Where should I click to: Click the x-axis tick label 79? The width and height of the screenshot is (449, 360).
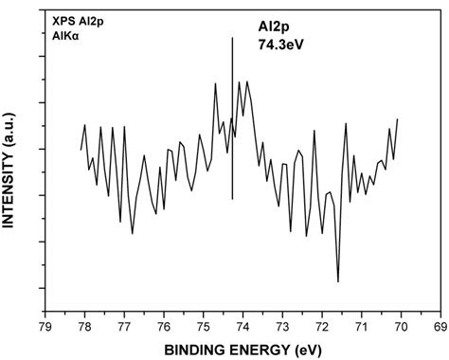[x=45, y=326]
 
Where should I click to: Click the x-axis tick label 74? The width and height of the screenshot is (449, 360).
[x=242, y=326]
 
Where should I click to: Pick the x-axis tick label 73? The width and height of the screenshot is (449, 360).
[x=282, y=326]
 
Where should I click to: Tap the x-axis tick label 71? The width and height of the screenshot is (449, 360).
[x=361, y=326]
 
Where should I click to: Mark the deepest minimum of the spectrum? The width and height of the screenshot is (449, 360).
[x=337, y=281]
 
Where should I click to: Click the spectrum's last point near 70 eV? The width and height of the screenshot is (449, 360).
[x=398, y=119]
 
